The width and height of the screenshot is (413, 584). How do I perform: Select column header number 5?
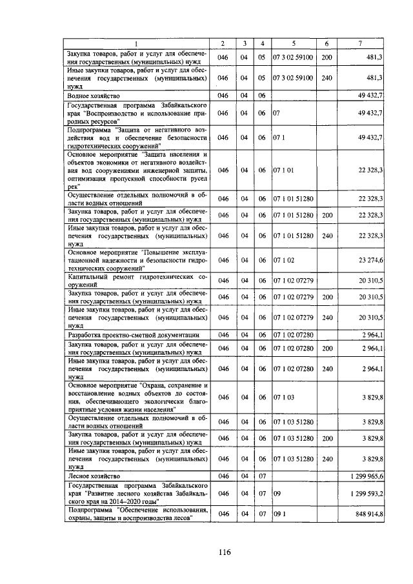tap(294, 43)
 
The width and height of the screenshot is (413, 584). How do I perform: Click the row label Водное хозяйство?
tap(94, 96)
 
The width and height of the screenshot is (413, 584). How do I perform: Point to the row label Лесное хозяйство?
tap(94, 476)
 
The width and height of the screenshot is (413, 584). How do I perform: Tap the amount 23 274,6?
tap(368, 260)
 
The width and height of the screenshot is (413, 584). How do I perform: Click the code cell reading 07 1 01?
tap(283, 170)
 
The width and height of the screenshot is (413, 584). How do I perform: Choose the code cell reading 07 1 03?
tap(283, 398)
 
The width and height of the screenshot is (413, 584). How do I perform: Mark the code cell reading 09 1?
tap(279, 514)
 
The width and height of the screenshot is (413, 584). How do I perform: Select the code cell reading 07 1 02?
tap(283, 260)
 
